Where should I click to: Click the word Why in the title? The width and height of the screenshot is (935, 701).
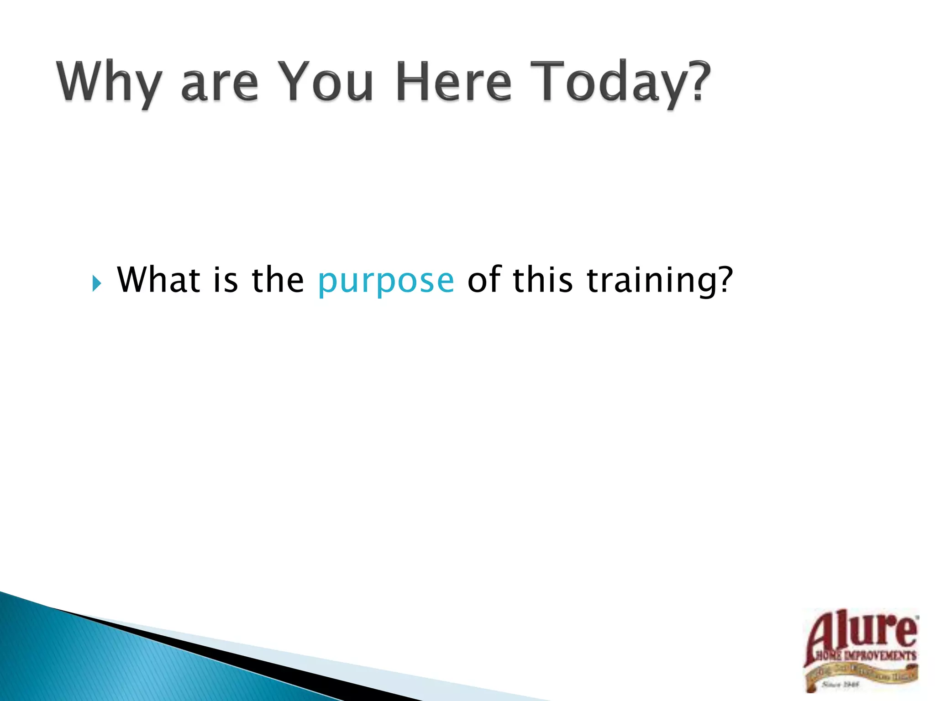click(x=109, y=82)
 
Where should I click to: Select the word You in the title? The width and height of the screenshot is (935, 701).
click(x=326, y=82)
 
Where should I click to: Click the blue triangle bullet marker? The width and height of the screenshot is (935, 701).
click(x=96, y=283)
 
